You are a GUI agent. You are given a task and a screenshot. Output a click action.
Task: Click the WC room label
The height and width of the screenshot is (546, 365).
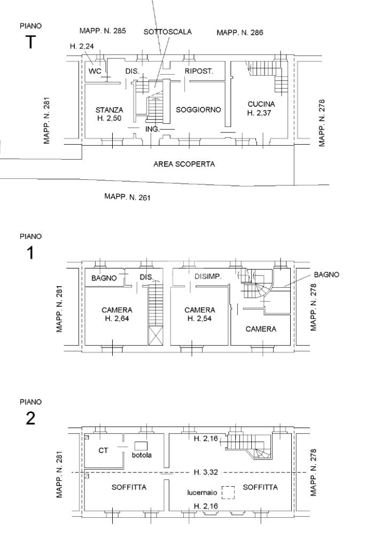[95, 71]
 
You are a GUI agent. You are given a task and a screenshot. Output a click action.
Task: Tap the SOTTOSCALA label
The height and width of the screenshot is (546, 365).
[168, 31]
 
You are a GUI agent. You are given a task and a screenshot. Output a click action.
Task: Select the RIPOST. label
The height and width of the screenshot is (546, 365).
[199, 71]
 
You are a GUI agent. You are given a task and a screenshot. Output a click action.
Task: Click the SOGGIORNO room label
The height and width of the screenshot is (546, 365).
[198, 110]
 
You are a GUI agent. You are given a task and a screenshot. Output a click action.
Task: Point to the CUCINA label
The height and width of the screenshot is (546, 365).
[261, 104]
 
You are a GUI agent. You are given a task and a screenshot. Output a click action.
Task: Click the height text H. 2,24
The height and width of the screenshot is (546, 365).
[82, 46]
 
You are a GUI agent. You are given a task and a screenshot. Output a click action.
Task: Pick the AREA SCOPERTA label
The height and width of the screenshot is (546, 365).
[184, 164]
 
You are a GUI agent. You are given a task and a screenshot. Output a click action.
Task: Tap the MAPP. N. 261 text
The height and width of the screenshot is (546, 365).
[128, 197]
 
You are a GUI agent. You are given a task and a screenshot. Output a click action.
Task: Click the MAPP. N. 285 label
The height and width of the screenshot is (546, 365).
[103, 30]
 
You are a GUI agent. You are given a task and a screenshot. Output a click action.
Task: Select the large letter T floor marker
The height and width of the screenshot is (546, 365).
[30, 42]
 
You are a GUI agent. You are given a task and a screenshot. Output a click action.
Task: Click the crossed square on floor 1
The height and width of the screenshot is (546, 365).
[156, 336]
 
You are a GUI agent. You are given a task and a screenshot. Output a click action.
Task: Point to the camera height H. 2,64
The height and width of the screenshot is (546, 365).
[117, 318]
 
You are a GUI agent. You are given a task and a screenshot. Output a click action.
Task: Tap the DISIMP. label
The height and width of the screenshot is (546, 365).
[208, 276]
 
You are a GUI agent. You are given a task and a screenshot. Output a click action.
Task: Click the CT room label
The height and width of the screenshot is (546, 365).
[103, 450]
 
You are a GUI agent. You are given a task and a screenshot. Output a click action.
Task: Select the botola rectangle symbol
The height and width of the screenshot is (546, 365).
[141, 446]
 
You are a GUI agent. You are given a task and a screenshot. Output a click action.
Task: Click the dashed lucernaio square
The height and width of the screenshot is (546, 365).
[228, 493]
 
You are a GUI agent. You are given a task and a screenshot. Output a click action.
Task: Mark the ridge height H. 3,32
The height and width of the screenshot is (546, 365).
[206, 472]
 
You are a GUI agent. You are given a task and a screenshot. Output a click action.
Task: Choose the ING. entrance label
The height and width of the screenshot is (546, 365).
[152, 129]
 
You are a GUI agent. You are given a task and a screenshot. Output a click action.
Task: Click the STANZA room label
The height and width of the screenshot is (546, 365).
[110, 110]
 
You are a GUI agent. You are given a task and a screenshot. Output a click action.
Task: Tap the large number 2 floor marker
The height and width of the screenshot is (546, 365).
[30, 418]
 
